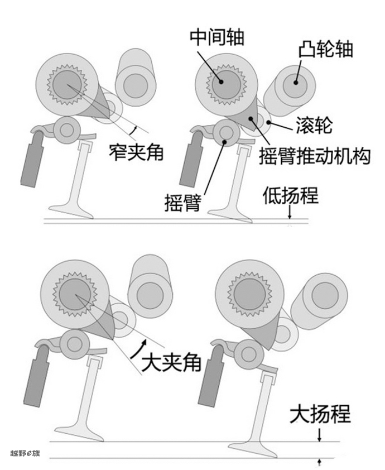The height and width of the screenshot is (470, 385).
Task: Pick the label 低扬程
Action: click(290, 196)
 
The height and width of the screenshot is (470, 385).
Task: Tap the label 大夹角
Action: click(171, 364)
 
